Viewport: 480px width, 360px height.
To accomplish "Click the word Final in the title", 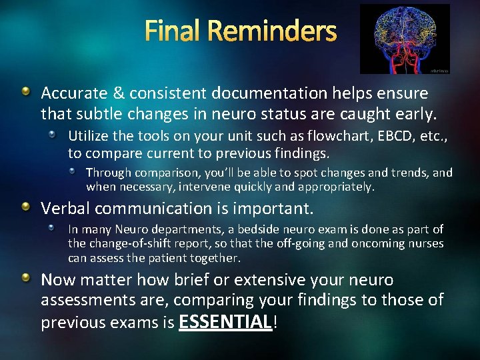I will coord(173,31).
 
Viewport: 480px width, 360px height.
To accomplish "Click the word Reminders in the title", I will coord(273,31).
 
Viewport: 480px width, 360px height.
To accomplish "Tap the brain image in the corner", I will coord(405,38).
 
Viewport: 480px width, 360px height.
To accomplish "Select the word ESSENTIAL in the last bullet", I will coord(225,323).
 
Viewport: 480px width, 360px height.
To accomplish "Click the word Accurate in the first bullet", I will coord(70,93).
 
